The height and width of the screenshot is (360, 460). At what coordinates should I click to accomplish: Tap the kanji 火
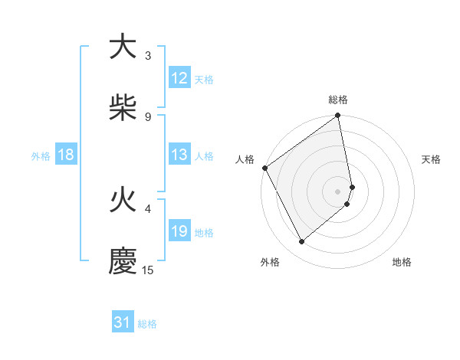pos(123,200)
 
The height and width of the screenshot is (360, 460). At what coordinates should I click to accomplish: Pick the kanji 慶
pos(123,261)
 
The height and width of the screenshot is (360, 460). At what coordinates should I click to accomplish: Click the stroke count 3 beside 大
pos(148,56)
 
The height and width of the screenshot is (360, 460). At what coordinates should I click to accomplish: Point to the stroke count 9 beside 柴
pos(148,117)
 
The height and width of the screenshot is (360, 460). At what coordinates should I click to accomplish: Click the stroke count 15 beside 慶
pos(148,270)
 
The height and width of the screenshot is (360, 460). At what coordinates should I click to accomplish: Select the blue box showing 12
pos(179,78)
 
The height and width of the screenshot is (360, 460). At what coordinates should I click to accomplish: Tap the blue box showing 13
pos(179,155)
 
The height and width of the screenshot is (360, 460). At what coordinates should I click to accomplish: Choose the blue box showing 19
pos(179,231)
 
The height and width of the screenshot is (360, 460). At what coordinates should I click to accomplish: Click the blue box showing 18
pos(66,155)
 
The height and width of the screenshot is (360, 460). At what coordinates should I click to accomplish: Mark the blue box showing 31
pos(123,322)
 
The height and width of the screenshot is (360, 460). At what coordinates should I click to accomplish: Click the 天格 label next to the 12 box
pos(204,80)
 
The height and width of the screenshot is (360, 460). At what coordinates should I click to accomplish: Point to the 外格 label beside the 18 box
pos(41,156)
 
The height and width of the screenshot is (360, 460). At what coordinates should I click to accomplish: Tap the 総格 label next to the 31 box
pos(147,324)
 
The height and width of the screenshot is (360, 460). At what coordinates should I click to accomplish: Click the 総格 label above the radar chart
pos(338,100)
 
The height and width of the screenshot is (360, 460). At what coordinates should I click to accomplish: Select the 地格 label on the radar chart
pos(402,263)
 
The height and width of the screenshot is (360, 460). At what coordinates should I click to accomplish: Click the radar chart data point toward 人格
pos(264,168)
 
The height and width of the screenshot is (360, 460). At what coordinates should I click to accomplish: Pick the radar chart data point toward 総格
pos(338,116)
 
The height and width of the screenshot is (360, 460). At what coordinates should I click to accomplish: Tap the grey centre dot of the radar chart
pos(338,191)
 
